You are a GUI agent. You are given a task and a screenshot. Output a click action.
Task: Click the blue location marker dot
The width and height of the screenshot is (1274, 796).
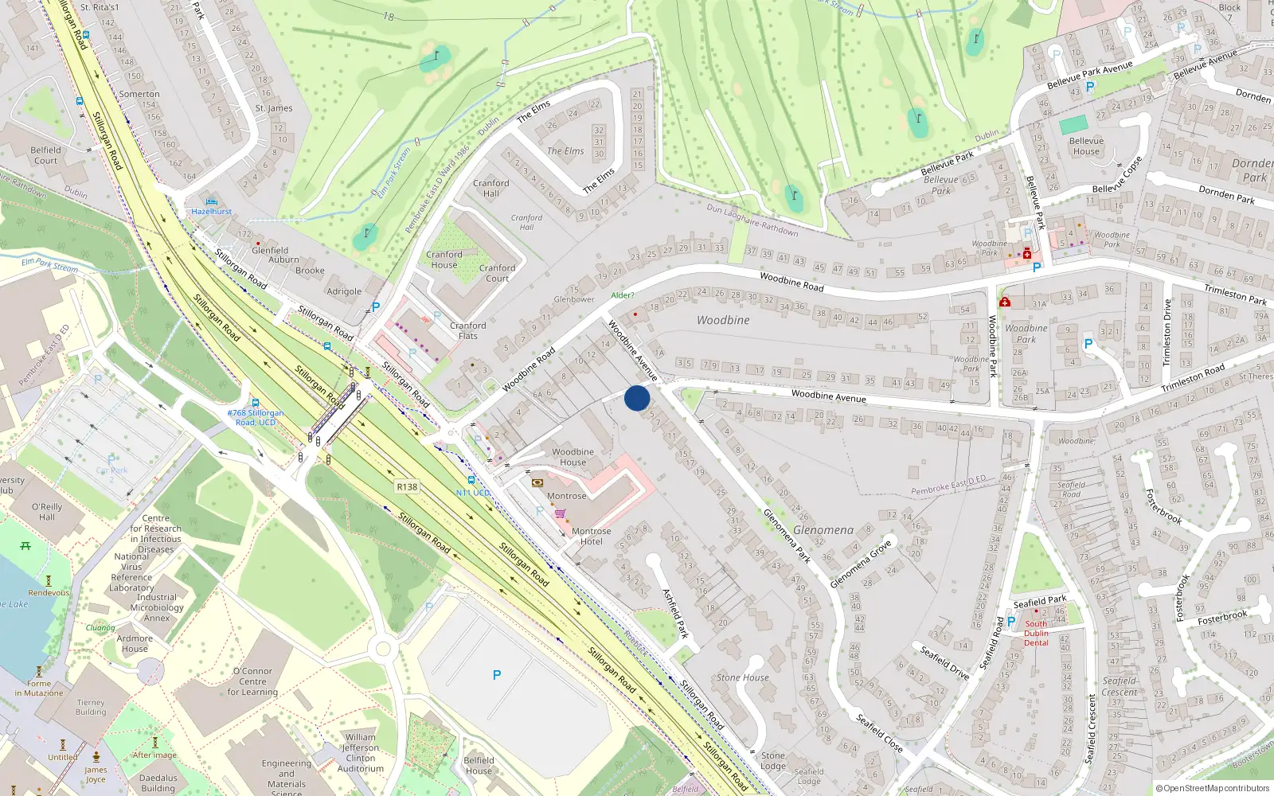637,398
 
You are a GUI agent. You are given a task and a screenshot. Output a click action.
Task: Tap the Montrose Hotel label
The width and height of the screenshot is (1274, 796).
591,537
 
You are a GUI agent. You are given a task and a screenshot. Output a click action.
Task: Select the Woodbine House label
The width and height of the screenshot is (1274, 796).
573,457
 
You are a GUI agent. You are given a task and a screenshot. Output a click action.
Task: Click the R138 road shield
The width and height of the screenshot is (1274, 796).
407,486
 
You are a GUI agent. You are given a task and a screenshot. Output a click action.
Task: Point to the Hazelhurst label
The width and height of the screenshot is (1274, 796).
211,212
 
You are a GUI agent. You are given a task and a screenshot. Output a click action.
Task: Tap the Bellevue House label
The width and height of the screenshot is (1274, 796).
1086,146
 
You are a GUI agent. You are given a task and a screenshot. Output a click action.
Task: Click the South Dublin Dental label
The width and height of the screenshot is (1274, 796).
1036,634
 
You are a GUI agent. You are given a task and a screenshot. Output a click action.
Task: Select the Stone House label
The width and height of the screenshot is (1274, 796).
742,677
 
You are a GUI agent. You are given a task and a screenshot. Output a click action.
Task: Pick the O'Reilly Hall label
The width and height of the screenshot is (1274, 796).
47,512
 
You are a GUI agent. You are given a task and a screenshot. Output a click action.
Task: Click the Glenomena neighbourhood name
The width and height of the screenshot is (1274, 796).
823,530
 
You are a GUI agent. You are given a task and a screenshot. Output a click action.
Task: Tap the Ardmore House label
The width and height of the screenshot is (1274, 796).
135,643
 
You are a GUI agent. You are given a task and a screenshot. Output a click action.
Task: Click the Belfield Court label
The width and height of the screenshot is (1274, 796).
45,155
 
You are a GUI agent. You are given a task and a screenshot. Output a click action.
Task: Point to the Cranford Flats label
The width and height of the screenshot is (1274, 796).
467,330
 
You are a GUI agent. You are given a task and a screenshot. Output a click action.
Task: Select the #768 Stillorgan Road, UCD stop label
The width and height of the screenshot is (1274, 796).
255,417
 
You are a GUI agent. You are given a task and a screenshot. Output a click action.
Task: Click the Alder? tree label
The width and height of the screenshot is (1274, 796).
623,295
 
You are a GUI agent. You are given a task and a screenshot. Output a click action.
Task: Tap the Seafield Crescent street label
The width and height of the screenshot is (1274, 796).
1091,729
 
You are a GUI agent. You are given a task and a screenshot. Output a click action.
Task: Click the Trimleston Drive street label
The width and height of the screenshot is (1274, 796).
1167,332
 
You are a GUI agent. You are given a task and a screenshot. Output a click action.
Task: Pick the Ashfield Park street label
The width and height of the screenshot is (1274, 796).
675,613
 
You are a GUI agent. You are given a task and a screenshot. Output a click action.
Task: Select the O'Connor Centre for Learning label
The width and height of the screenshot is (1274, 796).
252,681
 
